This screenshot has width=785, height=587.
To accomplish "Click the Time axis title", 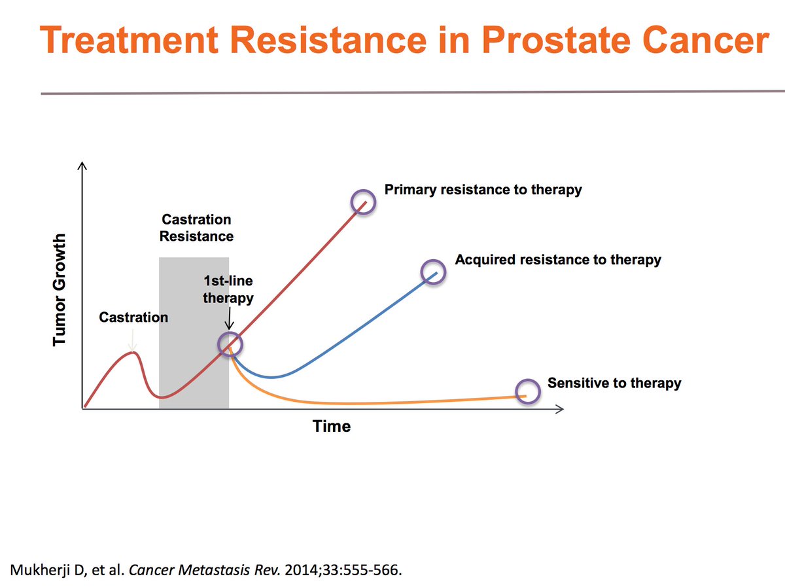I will coord(332,427).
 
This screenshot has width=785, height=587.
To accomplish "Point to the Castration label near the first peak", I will coord(133,317).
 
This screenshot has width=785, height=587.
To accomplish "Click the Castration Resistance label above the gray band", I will coord(196,228).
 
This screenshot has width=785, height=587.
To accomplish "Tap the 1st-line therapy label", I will coord(228,289).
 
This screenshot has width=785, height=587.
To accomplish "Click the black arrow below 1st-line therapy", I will coord(228,321).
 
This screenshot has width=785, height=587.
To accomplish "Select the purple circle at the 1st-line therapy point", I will coord(230,344).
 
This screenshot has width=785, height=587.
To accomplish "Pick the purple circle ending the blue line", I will coord(432,271).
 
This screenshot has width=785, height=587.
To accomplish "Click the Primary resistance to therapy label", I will coord(483,190).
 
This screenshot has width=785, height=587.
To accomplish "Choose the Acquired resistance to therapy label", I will coord(558,260).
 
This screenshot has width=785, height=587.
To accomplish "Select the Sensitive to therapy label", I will coord(614,383).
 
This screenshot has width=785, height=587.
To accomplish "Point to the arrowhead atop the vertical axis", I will coord(82,167).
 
